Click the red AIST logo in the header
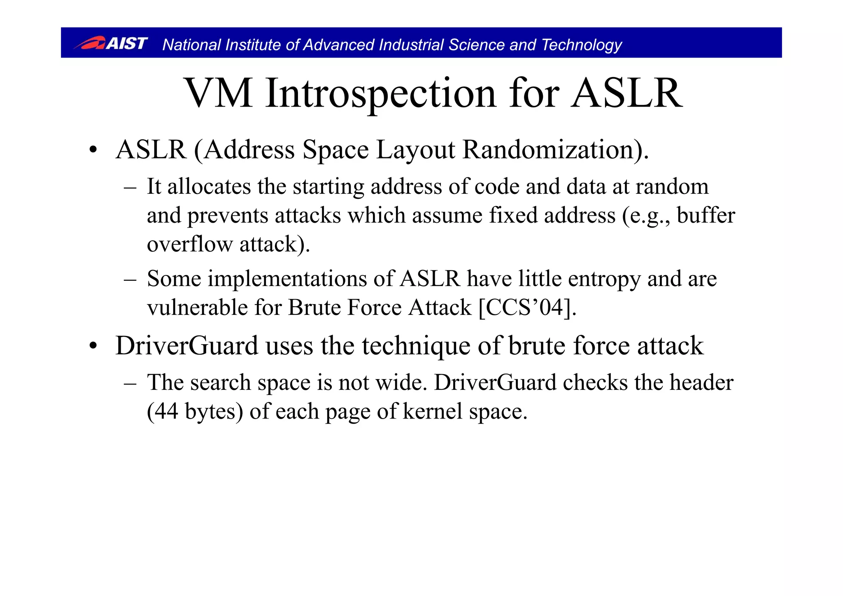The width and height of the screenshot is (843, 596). [110, 43]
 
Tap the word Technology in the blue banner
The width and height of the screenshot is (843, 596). [581, 45]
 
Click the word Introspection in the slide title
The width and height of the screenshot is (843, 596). [381, 94]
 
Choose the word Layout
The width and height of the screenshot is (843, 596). [415, 150]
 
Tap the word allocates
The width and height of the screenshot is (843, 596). [209, 186]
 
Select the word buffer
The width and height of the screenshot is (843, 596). [706, 215]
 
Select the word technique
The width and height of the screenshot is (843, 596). [416, 346]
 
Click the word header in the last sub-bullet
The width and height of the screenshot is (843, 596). [701, 382]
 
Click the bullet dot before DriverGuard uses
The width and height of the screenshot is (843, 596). [93, 346]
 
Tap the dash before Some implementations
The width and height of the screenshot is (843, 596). [130, 279]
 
